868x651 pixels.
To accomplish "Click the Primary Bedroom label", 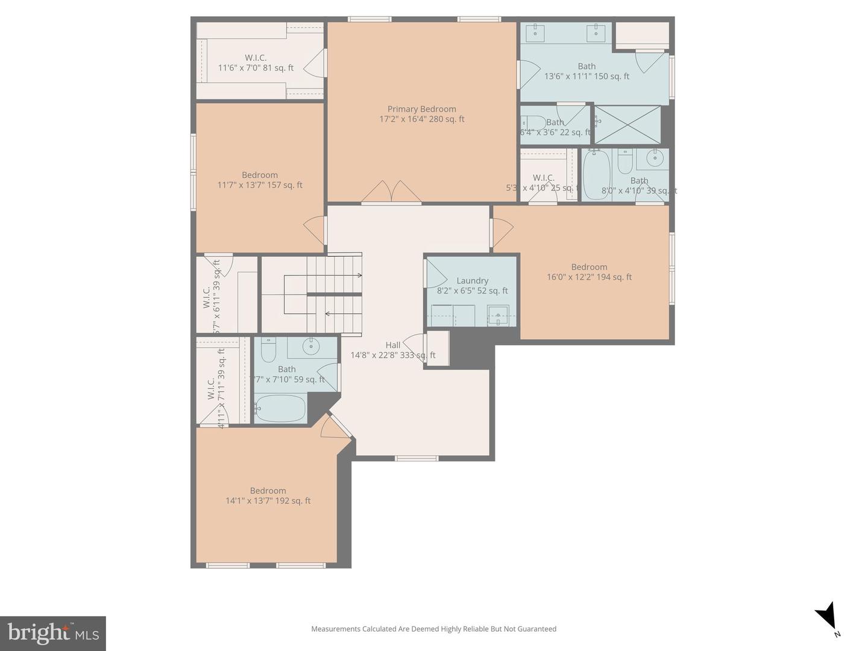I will coord(421,109).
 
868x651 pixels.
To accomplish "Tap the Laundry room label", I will coord(472,280).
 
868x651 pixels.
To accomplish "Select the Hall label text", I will coord(392,345).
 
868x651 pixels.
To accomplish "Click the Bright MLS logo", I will coord(53,633).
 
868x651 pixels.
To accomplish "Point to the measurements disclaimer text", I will coord(433,629).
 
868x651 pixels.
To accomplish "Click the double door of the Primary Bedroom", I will coord(392,192).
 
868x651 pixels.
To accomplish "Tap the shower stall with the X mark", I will coord(627,125).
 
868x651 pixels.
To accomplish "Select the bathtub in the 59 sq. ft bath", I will coord(281,408).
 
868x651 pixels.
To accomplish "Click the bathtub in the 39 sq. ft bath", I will coord(596,175).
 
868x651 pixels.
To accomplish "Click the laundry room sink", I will coord(498,315).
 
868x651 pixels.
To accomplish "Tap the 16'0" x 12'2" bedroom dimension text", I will coord(589,277).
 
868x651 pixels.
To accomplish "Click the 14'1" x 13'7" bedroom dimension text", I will coord(268,501).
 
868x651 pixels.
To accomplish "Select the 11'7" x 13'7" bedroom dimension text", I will coord(260,185).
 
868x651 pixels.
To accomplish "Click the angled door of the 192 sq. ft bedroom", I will coord(335,427).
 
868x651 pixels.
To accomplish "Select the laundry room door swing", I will coord(435,274).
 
